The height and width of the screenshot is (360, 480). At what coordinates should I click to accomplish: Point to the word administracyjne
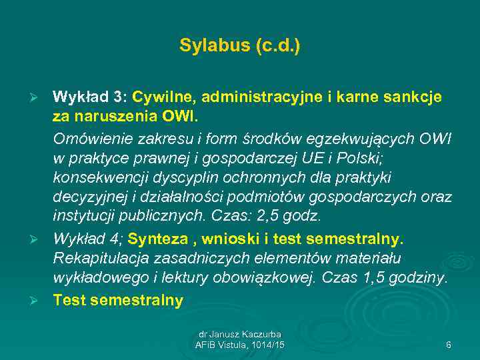(257, 97)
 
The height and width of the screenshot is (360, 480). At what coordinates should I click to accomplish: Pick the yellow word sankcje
(412, 97)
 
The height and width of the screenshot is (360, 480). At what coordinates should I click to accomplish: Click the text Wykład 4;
(89, 238)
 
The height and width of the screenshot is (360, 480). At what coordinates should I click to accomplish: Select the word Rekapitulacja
(100, 258)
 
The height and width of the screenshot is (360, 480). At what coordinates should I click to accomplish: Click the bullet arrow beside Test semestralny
(41, 301)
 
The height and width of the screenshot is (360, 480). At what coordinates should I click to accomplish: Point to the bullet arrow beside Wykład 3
(41, 98)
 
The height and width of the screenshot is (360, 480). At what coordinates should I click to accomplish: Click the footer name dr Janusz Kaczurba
(239, 333)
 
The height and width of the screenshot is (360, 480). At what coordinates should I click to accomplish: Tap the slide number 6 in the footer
(449, 344)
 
